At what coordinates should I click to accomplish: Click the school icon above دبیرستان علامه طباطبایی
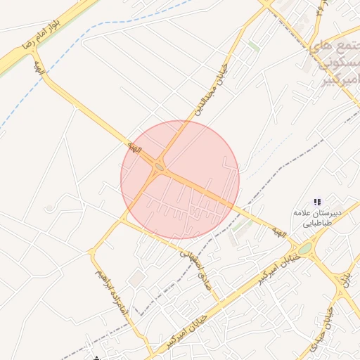click(x=317, y=200)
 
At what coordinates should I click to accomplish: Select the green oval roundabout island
click(x=304, y=248)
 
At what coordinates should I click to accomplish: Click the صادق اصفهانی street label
click(x=199, y=266)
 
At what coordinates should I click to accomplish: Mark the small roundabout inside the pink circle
click(x=159, y=167)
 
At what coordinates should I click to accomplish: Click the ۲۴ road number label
click(x=320, y=9)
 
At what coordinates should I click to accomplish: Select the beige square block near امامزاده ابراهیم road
click(x=136, y=279)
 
